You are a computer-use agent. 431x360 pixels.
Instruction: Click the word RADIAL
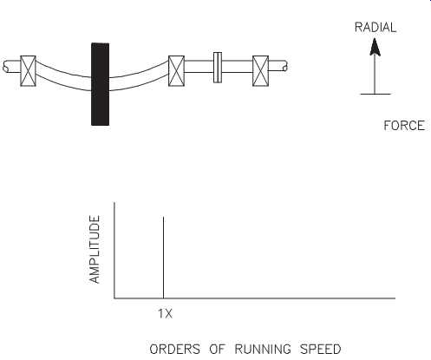[x=375, y=28]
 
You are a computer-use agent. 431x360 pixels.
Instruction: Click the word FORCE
[x=404, y=126]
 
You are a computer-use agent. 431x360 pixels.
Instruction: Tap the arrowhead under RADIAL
[x=375, y=47]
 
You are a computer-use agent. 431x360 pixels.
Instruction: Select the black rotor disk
[x=100, y=84]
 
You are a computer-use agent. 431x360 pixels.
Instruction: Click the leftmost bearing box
[x=28, y=71]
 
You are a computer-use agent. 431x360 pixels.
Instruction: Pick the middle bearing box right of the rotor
[x=176, y=71]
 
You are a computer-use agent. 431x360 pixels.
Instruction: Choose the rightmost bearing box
[x=260, y=71]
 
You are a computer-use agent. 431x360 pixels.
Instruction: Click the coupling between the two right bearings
[x=218, y=68]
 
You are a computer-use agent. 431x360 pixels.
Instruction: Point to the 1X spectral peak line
[x=164, y=258]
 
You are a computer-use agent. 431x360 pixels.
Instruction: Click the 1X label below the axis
[x=165, y=314]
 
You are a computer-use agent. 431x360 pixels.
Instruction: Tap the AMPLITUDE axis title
[x=95, y=249]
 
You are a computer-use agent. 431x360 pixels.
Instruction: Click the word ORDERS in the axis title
[x=174, y=349]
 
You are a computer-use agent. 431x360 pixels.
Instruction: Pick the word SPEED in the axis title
[x=321, y=349]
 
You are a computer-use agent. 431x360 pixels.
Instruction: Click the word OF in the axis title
[x=217, y=349]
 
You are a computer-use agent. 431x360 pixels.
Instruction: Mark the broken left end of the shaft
[x=5, y=67]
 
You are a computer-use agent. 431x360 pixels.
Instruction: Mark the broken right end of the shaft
[x=285, y=67]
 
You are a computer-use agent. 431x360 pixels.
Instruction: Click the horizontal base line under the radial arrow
[x=375, y=94]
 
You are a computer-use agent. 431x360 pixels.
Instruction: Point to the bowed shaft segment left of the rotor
[x=63, y=76]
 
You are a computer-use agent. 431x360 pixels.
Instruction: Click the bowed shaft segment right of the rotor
[x=139, y=76]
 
